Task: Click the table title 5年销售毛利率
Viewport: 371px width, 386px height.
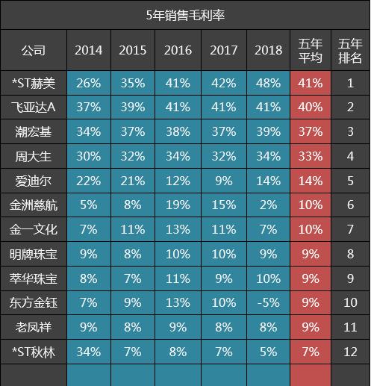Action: click(x=185, y=15)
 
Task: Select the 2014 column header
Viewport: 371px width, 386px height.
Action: click(x=89, y=51)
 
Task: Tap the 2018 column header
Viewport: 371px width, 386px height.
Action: click(x=269, y=51)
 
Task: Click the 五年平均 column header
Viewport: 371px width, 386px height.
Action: click(x=310, y=51)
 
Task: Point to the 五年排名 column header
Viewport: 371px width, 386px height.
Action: click(x=350, y=51)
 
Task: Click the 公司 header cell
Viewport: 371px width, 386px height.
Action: click(x=34, y=51)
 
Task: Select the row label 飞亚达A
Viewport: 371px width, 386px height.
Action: click(x=34, y=108)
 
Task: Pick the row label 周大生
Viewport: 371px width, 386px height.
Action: click(x=34, y=156)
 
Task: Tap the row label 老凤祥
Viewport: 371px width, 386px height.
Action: click(x=34, y=326)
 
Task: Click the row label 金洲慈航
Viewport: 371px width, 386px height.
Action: click(x=34, y=205)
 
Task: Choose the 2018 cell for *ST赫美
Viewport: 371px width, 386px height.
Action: click(x=269, y=84)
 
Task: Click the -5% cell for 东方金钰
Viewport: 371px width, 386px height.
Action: click(x=269, y=302)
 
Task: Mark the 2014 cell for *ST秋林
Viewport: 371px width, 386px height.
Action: click(x=89, y=351)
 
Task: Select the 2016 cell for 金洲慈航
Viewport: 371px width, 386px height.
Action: click(x=178, y=205)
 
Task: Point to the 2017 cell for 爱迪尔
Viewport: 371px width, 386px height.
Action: click(x=224, y=180)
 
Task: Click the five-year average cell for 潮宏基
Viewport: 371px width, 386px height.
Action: click(x=310, y=131)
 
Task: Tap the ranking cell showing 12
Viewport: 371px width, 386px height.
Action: click(x=350, y=351)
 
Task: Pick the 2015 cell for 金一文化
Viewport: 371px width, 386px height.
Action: click(x=133, y=229)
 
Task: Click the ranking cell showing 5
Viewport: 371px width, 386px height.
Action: click(x=350, y=180)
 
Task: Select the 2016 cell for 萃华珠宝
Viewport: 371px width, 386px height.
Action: click(x=178, y=278)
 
